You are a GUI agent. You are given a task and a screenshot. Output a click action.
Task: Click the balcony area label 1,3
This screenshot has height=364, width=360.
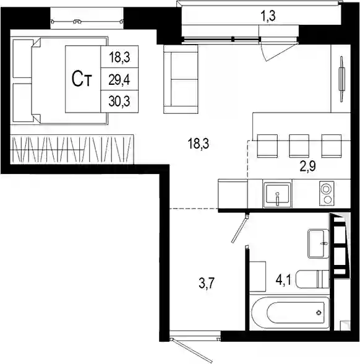[269, 17]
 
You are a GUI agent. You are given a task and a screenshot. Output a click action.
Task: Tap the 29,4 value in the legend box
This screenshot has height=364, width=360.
[120, 80]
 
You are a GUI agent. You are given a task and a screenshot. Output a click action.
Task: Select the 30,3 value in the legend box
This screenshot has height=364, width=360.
[120, 102]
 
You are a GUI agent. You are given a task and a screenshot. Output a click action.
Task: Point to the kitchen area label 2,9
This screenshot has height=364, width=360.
[308, 166]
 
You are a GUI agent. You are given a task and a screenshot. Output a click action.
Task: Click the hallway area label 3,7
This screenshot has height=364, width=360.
[207, 284]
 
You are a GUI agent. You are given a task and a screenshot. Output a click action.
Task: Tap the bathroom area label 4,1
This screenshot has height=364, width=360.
[283, 280]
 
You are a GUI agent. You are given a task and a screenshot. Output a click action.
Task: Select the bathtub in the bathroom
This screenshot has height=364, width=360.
[289, 313]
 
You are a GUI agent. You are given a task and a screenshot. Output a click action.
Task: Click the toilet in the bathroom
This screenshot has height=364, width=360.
[313, 279]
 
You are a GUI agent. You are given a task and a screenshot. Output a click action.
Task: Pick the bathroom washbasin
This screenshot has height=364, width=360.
[318, 244]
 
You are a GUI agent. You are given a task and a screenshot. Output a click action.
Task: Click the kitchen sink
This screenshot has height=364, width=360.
[277, 194]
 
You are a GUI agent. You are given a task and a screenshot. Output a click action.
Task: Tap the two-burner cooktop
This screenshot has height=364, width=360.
[327, 193]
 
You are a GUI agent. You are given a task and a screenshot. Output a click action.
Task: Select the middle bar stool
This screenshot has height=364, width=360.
[299, 145]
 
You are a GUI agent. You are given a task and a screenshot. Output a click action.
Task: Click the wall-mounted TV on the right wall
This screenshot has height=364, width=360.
[341, 79]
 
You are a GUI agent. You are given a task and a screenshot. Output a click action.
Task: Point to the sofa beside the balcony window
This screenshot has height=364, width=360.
[181, 79]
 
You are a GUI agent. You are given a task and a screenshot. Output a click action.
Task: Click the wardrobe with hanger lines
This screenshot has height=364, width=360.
[72, 149]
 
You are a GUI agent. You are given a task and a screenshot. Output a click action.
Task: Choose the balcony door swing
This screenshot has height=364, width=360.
[278, 51]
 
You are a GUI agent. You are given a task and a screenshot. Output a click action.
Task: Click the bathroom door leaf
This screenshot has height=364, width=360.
[240, 228]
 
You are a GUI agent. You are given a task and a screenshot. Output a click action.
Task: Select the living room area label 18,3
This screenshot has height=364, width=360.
[199, 144]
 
